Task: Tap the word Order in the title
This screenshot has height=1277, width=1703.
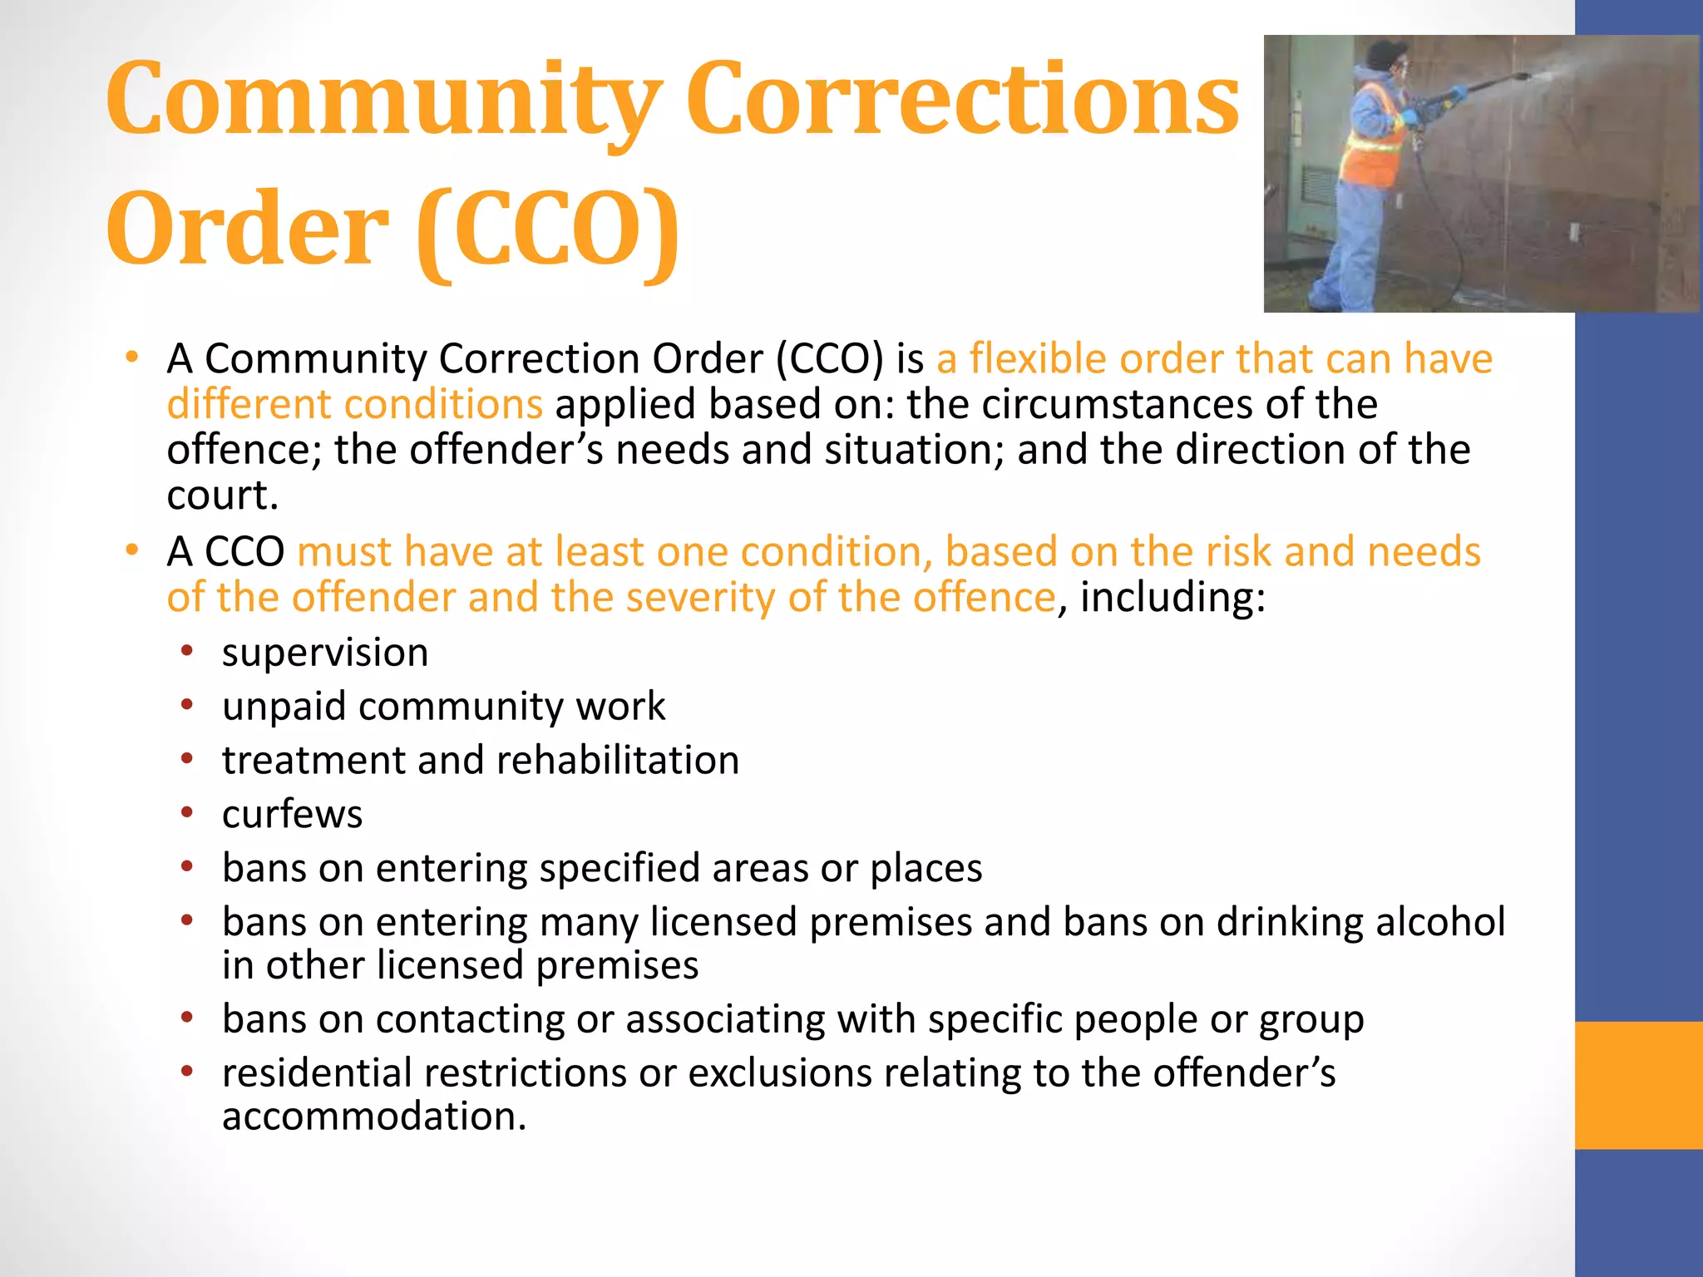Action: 247,229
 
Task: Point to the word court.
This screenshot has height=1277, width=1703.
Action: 221,496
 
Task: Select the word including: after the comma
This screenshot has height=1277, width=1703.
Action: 1172,598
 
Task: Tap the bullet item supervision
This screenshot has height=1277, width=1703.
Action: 325,653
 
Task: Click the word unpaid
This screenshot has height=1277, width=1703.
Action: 284,707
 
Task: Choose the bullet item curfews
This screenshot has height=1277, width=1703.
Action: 292,814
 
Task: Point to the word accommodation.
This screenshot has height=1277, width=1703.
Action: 373,1117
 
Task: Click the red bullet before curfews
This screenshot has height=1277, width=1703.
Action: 188,812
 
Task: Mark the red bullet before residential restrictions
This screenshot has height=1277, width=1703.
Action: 188,1072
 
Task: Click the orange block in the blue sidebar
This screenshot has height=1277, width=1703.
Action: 1638,1085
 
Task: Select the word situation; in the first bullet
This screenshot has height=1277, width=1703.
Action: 914,451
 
